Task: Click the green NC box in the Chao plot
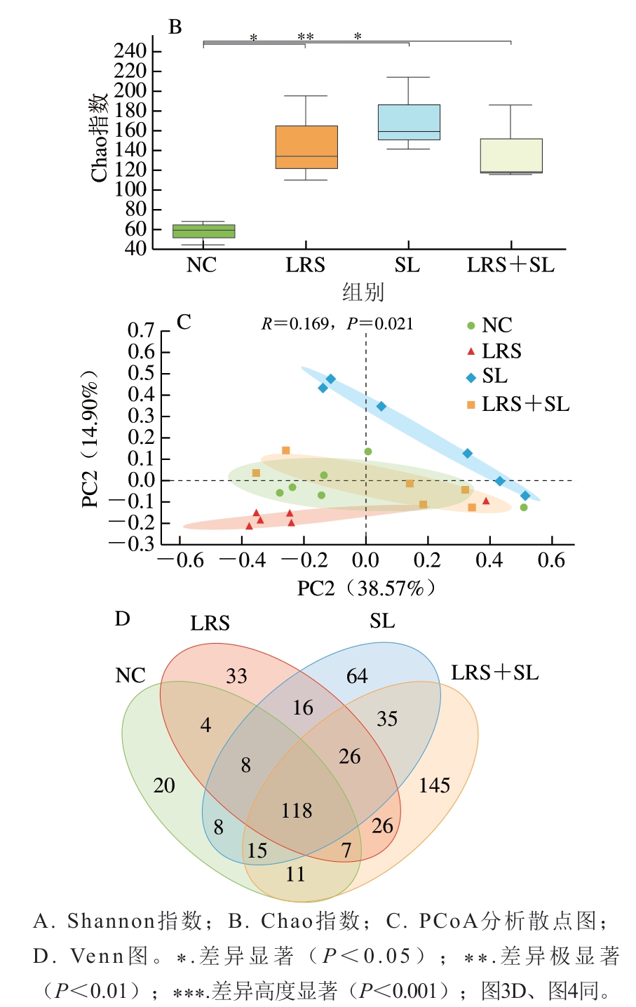[203, 231]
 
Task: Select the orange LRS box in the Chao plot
[306, 147]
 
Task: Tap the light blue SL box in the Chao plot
[409, 122]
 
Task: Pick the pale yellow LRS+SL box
[511, 155]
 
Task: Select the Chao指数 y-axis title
[100, 137]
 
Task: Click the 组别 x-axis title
[363, 292]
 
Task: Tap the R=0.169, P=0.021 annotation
[337, 323]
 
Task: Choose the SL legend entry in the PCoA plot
[494, 377]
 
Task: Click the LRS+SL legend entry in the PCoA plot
[525, 404]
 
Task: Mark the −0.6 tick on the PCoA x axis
[181, 560]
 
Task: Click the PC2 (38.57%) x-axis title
[366, 588]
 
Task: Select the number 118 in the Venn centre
[297, 811]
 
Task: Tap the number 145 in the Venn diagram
[434, 785]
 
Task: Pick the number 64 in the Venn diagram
[357, 676]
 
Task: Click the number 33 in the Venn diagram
[236, 676]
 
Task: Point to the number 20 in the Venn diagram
[164, 785]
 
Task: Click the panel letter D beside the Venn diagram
[123, 619]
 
